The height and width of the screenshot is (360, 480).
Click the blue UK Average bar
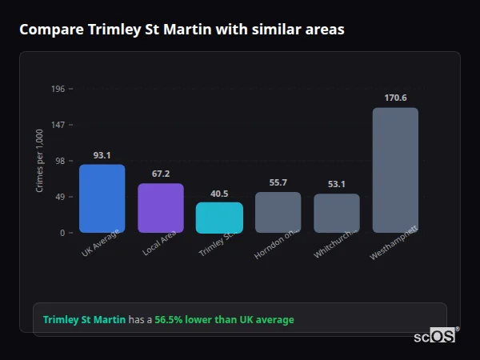tap(102, 198)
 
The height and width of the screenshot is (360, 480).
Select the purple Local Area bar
tap(160, 208)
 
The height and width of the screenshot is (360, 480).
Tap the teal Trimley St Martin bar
tap(219, 218)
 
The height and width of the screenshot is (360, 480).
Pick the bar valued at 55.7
tap(278, 213)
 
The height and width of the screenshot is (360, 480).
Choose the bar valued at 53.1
tap(336, 214)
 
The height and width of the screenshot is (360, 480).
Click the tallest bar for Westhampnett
tap(395, 170)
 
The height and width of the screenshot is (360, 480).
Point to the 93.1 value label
tap(102, 155)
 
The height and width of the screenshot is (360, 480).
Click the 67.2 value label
tap(161, 174)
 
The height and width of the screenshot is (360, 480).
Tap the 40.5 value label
tap(219, 194)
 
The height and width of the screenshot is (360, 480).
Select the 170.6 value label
tap(395, 98)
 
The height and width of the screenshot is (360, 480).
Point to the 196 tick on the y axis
tap(58, 89)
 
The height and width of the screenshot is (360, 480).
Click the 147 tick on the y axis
tap(58, 125)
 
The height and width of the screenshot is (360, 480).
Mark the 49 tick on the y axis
tap(60, 197)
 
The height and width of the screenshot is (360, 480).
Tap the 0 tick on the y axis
tap(62, 233)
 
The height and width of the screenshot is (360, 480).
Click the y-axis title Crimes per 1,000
tap(39, 161)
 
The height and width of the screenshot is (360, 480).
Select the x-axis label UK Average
tap(101, 243)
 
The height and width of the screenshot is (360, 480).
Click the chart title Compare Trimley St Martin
tap(182, 30)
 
